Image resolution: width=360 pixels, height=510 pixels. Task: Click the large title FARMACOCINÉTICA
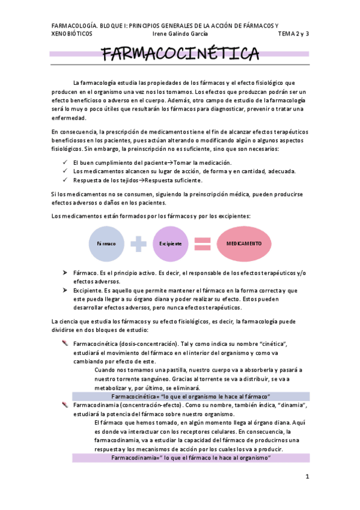(x=180, y=55)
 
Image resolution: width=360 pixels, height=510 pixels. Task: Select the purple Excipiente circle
(x=171, y=244)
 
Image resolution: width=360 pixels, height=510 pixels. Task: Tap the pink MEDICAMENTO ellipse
(x=244, y=244)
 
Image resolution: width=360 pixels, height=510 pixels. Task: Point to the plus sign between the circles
(x=139, y=244)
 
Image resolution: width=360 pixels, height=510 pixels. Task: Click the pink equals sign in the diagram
(x=203, y=244)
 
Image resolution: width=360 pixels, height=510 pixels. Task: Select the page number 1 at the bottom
(x=307, y=477)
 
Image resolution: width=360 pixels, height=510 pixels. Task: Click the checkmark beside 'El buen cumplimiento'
(x=65, y=163)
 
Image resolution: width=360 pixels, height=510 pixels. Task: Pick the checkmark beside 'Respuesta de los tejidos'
(x=65, y=180)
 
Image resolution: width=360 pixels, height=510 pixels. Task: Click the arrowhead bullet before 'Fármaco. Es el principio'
(x=65, y=273)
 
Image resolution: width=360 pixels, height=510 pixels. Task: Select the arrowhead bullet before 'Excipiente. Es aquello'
(x=65, y=290)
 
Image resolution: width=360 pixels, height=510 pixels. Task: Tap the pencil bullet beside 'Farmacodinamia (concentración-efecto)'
(x=65, y=405)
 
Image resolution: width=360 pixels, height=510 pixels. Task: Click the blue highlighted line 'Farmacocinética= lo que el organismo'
(x=191, y=396)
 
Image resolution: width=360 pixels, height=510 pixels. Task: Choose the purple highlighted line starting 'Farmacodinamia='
(x=191, y=458)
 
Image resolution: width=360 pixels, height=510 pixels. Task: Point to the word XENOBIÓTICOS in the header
(x=72, y=34)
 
